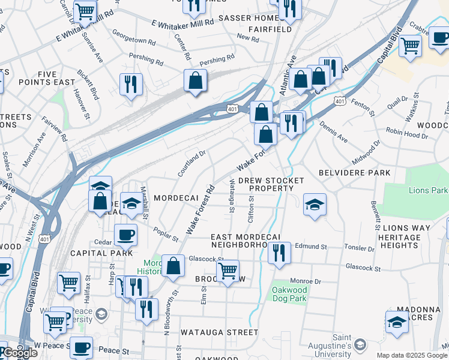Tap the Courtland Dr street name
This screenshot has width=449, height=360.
coord(191,163)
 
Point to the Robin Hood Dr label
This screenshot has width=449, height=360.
coord(406,134)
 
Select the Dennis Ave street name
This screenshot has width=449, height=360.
coord(334,134)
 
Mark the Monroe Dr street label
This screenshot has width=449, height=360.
coord(306,281)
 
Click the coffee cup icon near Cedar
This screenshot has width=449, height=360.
coord(125,235)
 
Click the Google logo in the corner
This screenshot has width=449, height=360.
coord(20,353)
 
